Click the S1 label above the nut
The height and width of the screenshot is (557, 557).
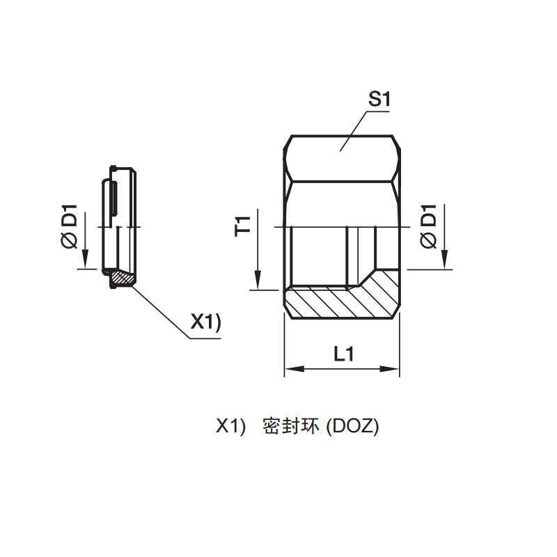tap(379, 100)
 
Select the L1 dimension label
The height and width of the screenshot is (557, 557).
tap(343, 354)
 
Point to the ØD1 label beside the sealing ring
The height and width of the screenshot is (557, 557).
tap(70, 226)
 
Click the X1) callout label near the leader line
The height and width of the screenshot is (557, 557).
tap(205, 322)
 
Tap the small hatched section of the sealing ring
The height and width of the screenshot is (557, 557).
tap(123, 278)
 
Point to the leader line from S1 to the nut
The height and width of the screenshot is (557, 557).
tap(355, 129)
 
